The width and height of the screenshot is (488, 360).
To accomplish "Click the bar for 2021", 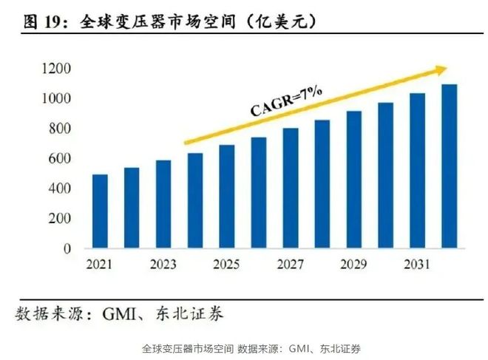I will pyautogui.click(x=100, y=211).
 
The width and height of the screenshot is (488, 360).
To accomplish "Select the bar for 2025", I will pyautogui.click(x=226, y=197).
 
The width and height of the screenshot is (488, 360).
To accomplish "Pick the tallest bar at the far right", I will pyautogui.click(x=449, y=166).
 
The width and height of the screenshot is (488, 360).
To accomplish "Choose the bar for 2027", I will pyautogui.click(x=290, y=189).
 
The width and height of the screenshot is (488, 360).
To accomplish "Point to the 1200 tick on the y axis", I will pyautogui.click(x=56, y=69).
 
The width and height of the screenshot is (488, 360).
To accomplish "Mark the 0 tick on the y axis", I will pyautogui.click(x=67, y=249).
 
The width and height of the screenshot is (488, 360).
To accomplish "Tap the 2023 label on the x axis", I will pyautogui.click(x=163, y=264).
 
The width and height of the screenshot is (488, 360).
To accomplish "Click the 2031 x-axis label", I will pyautogui.click(x=417, y=264).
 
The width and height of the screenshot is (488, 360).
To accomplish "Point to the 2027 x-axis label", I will pyautogui.click(x=290, y=264).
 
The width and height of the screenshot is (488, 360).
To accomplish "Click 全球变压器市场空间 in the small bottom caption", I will pyautogui.click(x=187, y=348).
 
